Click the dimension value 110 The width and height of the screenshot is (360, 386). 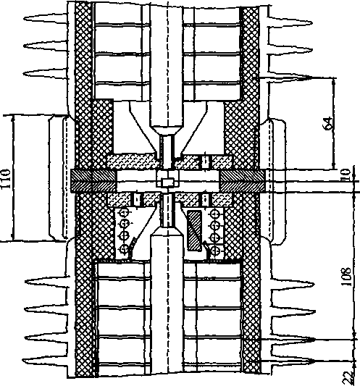tap(6, 178)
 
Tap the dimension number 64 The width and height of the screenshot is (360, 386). tap(327, 124)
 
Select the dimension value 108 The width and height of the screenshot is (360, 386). tap(346, 276)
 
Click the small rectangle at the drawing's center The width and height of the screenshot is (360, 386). tap(168, 182)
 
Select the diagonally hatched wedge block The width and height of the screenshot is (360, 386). tap(195, 231)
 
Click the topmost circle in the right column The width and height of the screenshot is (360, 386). tap(215, 214)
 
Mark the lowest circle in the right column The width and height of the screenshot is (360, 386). tap(216, 251)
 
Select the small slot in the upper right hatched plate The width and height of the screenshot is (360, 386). tap(206, 162)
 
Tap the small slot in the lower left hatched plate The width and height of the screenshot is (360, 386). tap(137, 199)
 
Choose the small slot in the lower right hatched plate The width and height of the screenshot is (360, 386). tap(205, 199)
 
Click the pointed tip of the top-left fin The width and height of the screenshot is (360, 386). tap(24, 18)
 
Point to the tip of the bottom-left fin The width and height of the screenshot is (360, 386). tap(23, 361)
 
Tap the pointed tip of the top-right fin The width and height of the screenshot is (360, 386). tap(312, 23)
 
